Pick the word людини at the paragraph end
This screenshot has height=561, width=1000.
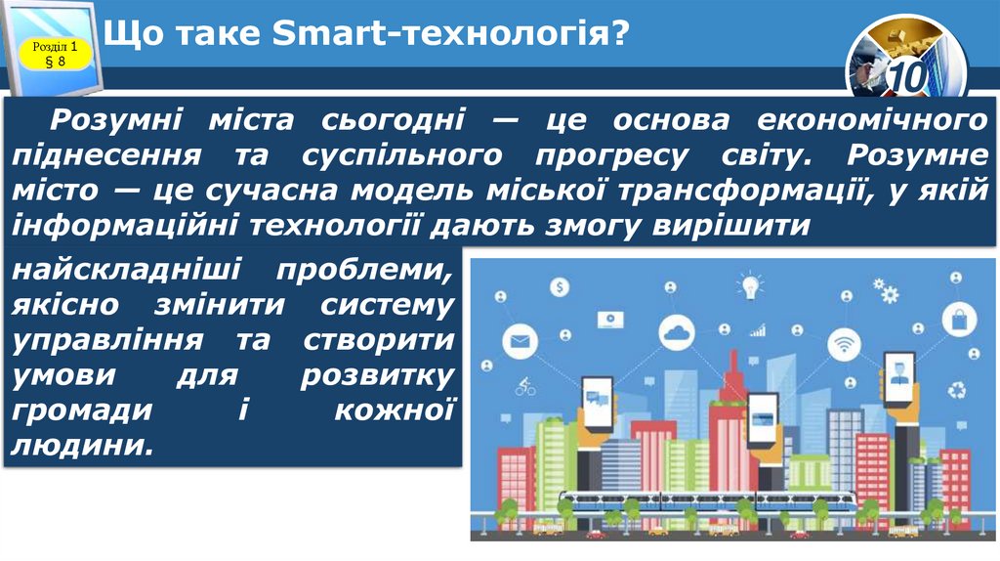point(82,445)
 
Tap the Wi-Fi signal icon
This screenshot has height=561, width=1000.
point(842,344)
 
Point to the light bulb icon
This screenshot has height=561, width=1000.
point(750,286)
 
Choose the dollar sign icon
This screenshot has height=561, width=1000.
point(560,287)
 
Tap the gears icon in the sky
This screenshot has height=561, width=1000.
point(886,290)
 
